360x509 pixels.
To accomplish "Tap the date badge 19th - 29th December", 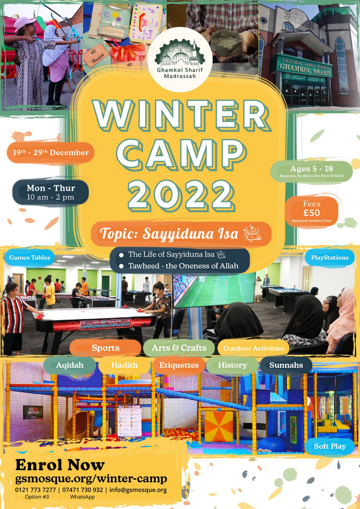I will click(51, 152).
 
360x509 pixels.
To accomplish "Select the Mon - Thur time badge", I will click(51, 192).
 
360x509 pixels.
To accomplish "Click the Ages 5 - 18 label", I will click(311, 171).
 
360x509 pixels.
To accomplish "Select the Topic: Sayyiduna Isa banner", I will click(181, 233).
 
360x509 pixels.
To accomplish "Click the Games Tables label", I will click(30, 258).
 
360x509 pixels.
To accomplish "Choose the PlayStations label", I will click(330, 258).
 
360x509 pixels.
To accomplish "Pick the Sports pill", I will click(105, 348).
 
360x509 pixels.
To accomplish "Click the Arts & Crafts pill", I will click(179, 348).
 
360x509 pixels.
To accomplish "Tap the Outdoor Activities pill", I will click(253, 348).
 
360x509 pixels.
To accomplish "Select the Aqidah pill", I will click(70, 365).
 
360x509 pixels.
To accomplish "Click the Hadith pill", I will click(124, 365).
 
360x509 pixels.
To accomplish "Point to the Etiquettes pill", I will click(179, 365).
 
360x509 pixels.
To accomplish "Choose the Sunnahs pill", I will click(286, 365).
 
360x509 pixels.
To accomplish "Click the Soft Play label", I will click(330, 447).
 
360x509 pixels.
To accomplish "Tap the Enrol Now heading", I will click(60, 465).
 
